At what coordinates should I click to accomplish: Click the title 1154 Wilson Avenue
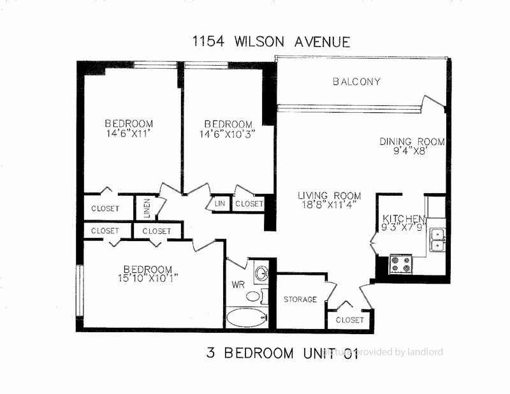(x=272, y=42)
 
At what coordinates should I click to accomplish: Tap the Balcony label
(x=357, y=82)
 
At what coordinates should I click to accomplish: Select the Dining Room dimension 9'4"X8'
(x=412, y=152)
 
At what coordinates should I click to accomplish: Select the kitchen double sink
(x=437, y=239)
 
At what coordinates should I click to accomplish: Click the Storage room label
(x=300, y=299)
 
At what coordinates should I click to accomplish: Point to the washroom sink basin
(x=260, y=274)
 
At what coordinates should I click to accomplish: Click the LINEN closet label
(x=147, y=208)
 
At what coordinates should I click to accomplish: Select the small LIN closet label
(x=220, y=203)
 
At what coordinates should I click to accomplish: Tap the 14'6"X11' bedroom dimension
(x=129, y=134)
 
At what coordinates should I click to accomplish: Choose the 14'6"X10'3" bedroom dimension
(x=228, y=134)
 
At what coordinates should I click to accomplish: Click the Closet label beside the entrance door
(x=349, y=319)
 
